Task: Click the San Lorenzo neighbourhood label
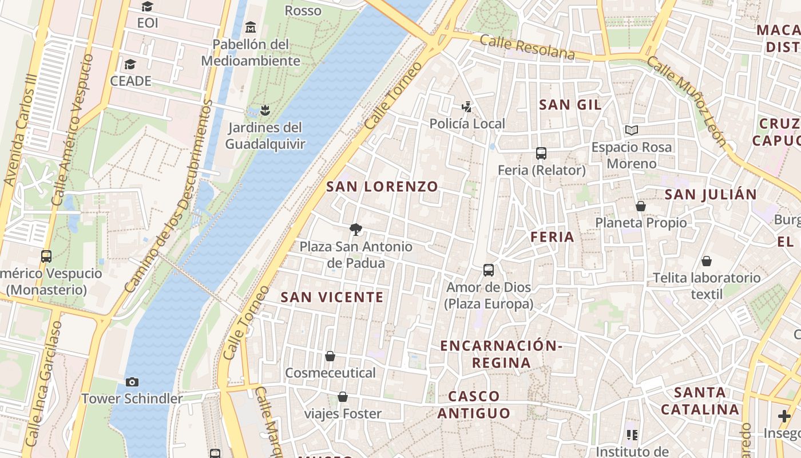(382, 187)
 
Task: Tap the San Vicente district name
(332, 297)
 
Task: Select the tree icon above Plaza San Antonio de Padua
(356, 230)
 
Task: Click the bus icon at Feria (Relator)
(541, 153)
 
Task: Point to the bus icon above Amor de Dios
(489, 270)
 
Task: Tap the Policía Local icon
(467, 106)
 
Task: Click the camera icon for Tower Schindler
(132, 382)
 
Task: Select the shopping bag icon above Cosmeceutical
(330, 356)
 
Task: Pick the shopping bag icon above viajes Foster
(343, 396)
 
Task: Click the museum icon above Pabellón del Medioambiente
(250, 27)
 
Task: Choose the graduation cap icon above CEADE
(130, 64)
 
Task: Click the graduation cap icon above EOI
(148, 7)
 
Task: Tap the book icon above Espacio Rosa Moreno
(632, 131)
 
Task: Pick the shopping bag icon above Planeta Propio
(641, 206)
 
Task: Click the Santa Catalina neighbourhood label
(700, 401)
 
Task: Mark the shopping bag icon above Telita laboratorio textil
(707, 261)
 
